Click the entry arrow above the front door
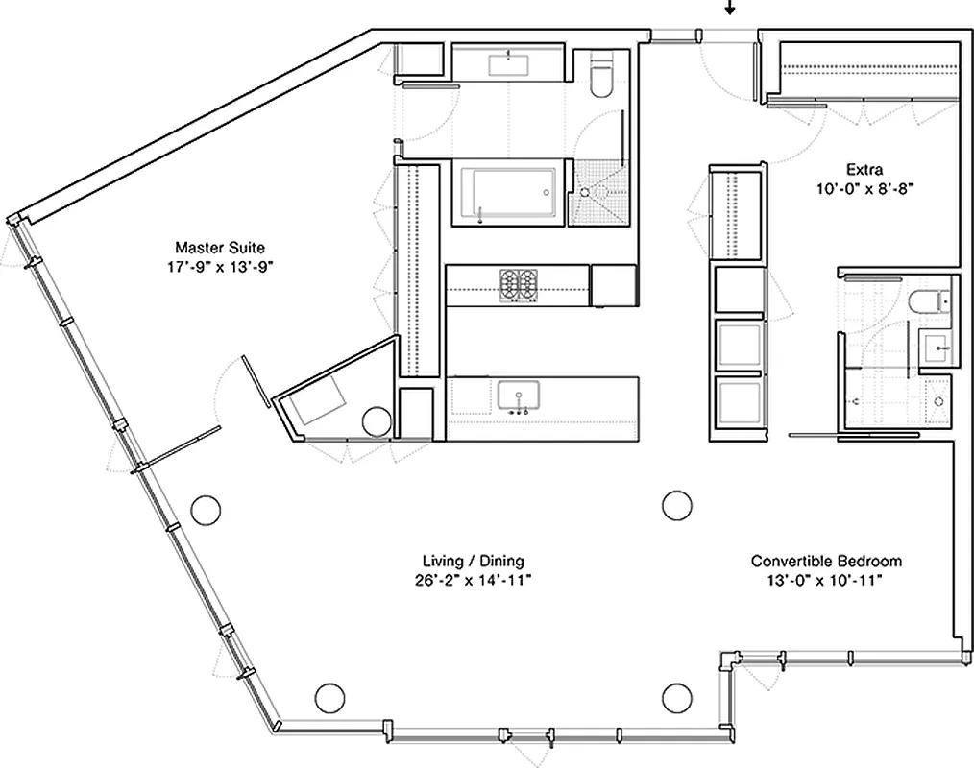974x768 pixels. click(730, 9)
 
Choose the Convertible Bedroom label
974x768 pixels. click(826, 561)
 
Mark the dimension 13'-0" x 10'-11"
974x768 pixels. click(826, 580)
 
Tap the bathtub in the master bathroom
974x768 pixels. click(506, 195)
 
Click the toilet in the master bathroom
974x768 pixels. click(601, 80)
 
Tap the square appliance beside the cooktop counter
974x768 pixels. click(612, 285)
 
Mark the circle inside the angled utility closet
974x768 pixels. click(377, 420)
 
